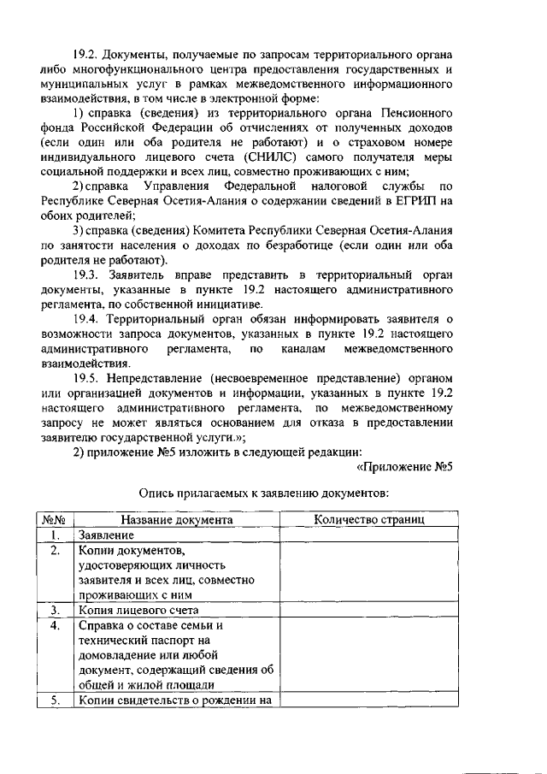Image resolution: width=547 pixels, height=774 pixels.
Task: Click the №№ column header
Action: (x=54, y=518)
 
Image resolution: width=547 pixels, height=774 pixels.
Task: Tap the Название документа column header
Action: (x=176, y=518)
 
